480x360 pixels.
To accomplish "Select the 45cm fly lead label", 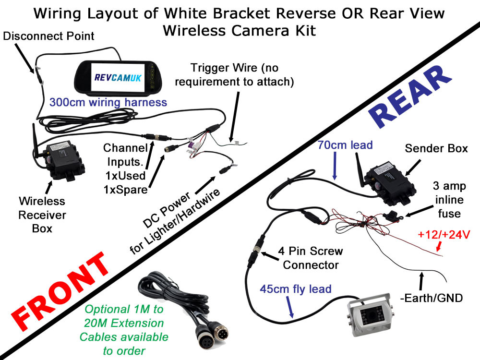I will coord(296,288).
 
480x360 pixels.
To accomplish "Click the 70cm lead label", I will coord(345,144).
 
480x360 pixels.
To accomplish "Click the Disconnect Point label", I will coord(48,36).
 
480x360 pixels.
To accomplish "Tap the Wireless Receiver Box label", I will coord(42,214).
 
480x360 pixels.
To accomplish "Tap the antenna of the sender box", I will coord(359,168).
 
